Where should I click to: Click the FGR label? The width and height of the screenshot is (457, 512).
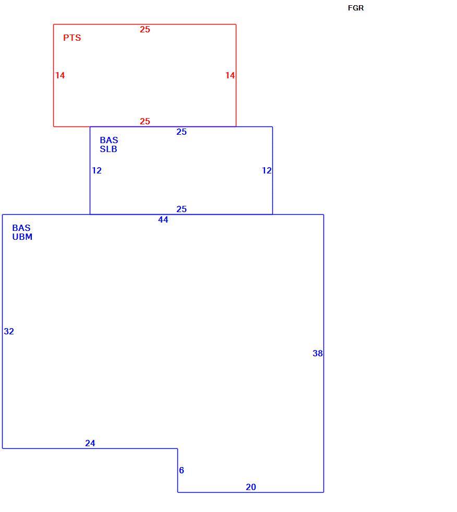click(356, 8)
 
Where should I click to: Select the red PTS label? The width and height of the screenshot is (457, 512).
click(72, 38)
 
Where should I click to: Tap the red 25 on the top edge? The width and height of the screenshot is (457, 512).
click(145, 29)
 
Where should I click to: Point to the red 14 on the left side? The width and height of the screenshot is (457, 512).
click(60, 75)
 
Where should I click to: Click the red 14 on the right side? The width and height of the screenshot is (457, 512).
click(230, 75)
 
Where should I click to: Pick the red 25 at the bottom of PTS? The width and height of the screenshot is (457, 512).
click(145, 121)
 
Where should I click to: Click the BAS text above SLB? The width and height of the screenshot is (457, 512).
click(109, 140)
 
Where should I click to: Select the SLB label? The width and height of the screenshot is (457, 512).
click(109, 149)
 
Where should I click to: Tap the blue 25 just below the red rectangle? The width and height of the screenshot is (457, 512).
click(182, 132)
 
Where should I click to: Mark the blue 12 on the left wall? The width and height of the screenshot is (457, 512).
click(97, 170)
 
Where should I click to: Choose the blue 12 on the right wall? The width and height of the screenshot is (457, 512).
click(267, 170)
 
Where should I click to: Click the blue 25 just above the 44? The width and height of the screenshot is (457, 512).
click(182, 209)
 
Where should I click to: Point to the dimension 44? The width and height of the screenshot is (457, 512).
click(163, 220)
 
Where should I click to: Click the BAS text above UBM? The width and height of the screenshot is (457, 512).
click(21, 228)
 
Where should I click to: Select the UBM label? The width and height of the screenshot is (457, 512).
click(22, 237)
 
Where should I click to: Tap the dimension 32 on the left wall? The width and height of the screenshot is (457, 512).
click(9, 331)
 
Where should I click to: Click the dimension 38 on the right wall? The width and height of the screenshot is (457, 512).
click(318, 353)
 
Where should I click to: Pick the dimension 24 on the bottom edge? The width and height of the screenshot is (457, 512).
click(90, 443)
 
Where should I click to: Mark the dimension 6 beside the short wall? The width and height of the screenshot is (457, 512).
click(182, 470)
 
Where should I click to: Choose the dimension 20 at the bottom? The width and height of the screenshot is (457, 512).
click(251, 487)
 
